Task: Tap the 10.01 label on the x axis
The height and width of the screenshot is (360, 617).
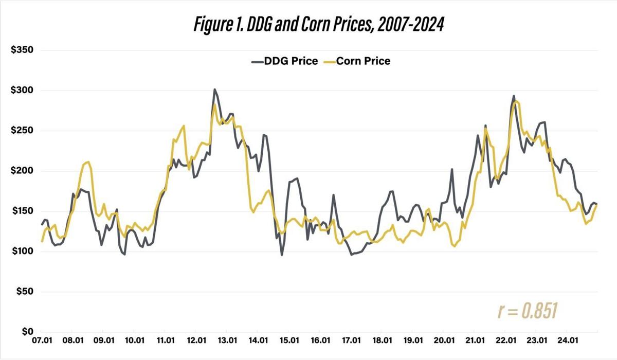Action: pos(134,340)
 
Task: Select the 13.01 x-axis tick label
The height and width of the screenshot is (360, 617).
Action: pos(227,340)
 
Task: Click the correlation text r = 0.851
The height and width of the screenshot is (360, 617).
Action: pos(528,311)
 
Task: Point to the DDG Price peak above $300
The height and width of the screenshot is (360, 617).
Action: pos(214,89)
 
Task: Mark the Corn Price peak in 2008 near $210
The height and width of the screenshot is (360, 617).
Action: pos(88,162)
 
